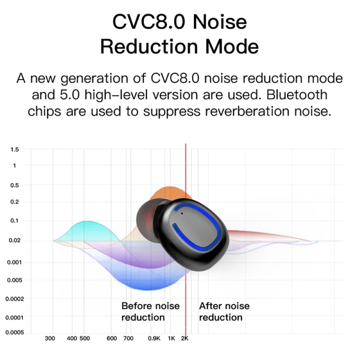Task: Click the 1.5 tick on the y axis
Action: (x=14, y=149)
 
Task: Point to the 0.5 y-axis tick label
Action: (x=14, y=185)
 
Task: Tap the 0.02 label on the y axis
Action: (x=14, y=240)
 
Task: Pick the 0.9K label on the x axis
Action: (x=154, y=338)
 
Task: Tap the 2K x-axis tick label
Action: (x=184, y=338)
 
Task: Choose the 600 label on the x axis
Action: (x=112, y=338)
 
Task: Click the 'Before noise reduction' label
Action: (x=150, y=311)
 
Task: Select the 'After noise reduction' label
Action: (x=224, y=311)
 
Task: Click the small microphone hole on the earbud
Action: (x=182, y=214)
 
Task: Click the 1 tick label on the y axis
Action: (x=14, y=165)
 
